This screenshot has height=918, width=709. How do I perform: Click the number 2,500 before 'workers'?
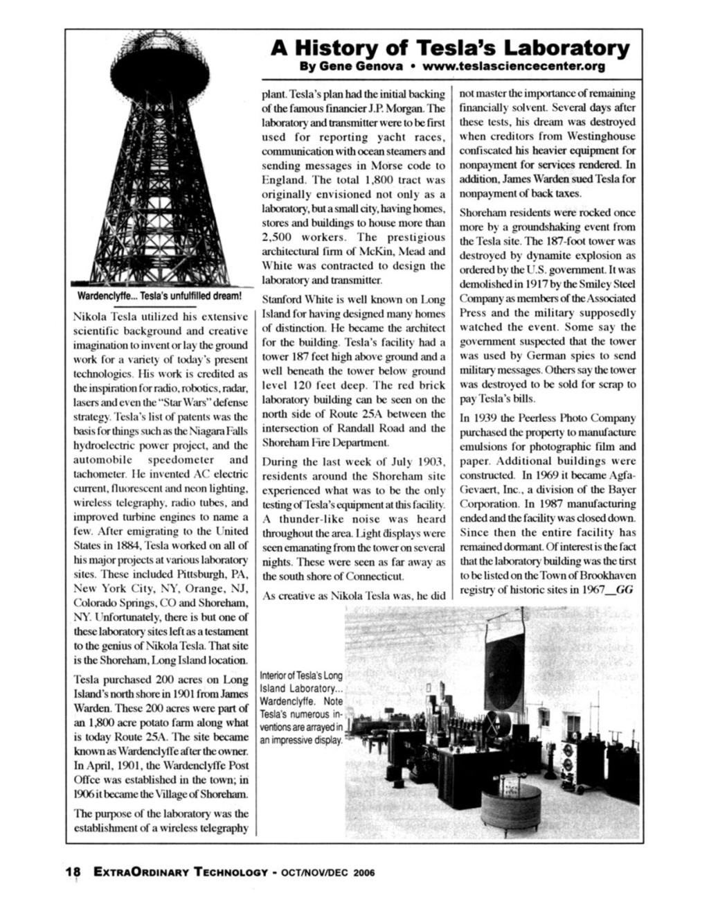point(278,237)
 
